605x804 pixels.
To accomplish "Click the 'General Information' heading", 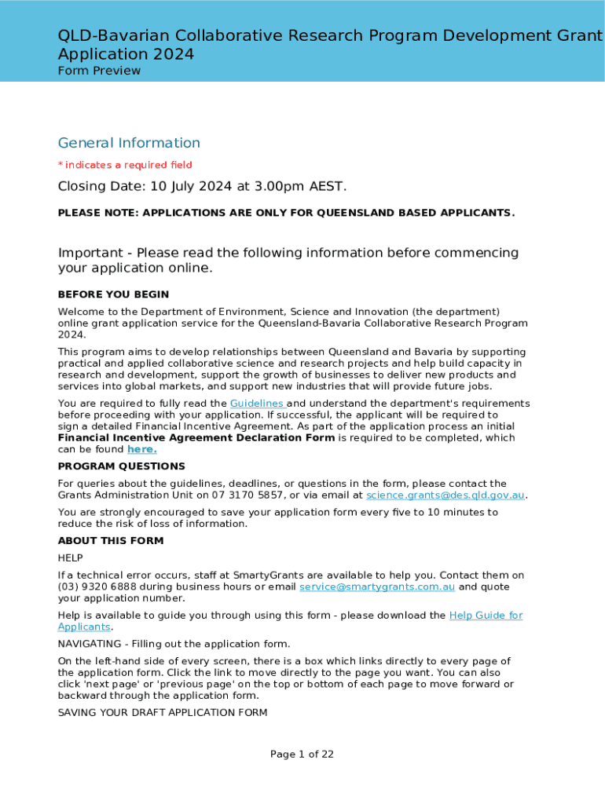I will click(129, 143).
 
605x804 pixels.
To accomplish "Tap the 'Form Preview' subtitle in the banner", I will click(99, 71).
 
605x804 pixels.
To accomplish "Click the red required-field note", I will click(125, 165).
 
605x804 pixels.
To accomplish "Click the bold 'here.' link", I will click(141, 449).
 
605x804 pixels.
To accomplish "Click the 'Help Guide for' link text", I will click(486, 616).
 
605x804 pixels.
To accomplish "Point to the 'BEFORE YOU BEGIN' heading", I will click(113, 294).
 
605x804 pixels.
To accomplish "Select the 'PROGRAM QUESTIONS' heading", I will click(122, 466).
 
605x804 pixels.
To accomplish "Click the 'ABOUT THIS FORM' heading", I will click(111, 541).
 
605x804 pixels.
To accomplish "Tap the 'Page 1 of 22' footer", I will click(302, 755).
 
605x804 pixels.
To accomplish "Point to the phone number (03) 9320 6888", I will click(97, 587).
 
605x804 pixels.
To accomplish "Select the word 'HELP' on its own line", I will click(70, 557).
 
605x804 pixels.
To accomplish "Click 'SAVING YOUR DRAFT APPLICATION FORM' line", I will click(163, 713).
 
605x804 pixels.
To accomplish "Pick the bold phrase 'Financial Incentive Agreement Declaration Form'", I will click(196, 438).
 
